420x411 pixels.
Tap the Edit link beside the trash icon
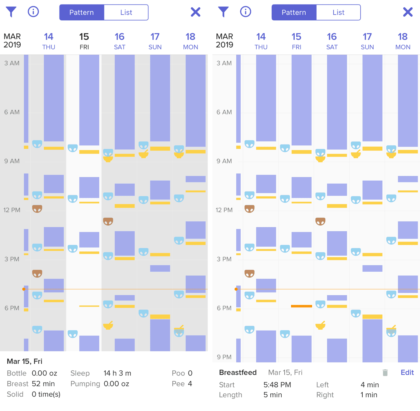pos(407,372)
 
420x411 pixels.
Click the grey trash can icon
pos(385,373)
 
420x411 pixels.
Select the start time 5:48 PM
pos(277,385)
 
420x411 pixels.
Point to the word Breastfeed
pos(238,372)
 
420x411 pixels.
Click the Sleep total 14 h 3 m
pos(117,373)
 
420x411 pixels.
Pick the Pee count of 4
pos(190,384)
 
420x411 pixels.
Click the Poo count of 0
pos(190,373)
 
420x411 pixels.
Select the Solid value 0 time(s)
pos(46,394)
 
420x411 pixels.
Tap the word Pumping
pos(85,384)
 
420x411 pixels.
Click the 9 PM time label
pos(224,357)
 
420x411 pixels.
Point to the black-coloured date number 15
pos(84,37)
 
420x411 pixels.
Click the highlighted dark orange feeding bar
pos(301,306)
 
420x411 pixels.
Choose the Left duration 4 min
pos(370,385)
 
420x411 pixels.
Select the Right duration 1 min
pos(369,395)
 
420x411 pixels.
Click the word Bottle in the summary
pos(17,373)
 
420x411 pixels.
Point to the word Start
pos(227,385)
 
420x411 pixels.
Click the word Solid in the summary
pos(15,394)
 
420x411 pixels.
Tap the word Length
pos(230,395)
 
